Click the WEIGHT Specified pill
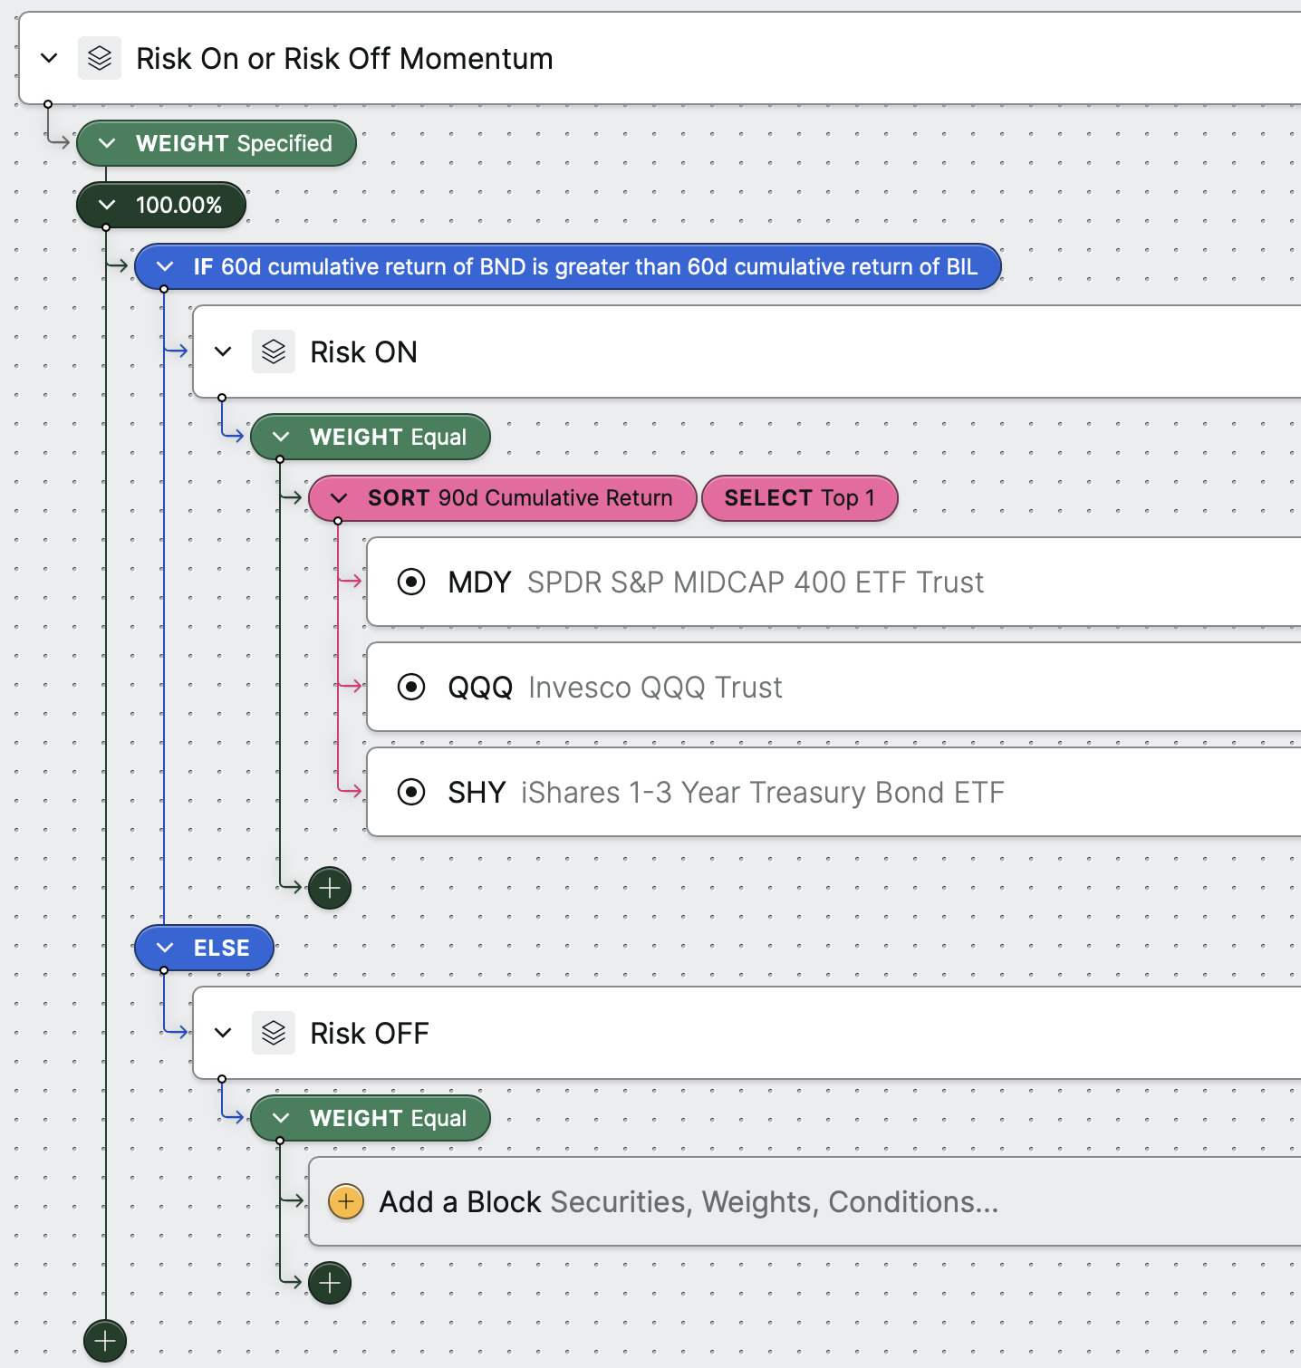coord(216,143)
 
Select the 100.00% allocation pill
coord(161,205)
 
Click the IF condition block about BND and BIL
coord(568,266)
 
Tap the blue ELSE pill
coord(204,948)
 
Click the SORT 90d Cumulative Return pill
coord(503,498)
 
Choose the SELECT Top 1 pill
coord(800,498)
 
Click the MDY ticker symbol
coord(479,582)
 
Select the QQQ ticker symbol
coord(480,687)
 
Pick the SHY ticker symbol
coord(477,792)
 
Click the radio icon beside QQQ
coord(411,687)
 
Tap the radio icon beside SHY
coord(411,792)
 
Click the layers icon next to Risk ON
coord(274,352)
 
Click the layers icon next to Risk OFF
coord(274,1033)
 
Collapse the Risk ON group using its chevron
coord(223,352)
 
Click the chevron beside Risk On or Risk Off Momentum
coord(49,58)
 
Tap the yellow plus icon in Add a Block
coord(346,1201)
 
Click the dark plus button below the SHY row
coord(330,888)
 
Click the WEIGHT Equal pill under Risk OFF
coord(371,1118)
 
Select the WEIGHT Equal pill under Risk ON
coord(371,437)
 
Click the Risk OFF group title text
coord(370,1033)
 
